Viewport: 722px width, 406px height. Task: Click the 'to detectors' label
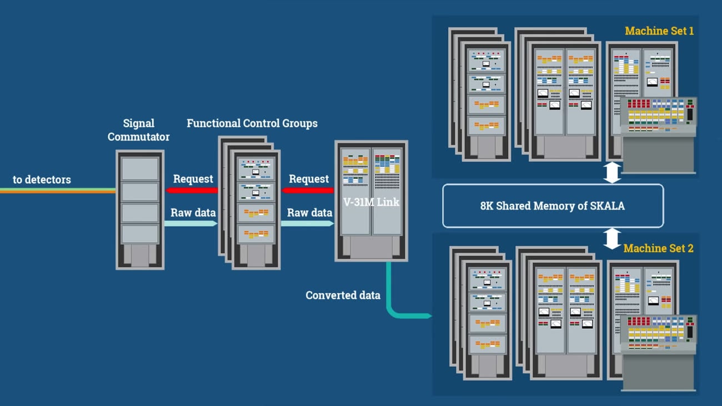(x=42, y=179)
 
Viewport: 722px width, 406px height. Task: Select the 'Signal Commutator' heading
(x=139, y=129)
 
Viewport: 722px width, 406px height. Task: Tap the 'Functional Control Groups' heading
(x=252, y=123)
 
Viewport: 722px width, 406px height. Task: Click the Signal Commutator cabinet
(x=140, y=209)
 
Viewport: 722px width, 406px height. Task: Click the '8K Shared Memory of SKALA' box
(x=553, y=206)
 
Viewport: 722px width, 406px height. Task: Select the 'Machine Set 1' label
(x=659, y=31)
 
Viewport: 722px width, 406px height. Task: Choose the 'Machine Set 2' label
(x=658, y=248)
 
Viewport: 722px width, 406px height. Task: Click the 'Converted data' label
(x=343, y=295)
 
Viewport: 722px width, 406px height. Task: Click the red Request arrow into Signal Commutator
(x=192, y=191)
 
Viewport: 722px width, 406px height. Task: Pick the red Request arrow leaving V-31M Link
(x=308, y=191)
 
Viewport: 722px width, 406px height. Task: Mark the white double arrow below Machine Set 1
(x=612, y=173)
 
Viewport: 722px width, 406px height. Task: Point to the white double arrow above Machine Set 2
(x=612, y=238)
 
